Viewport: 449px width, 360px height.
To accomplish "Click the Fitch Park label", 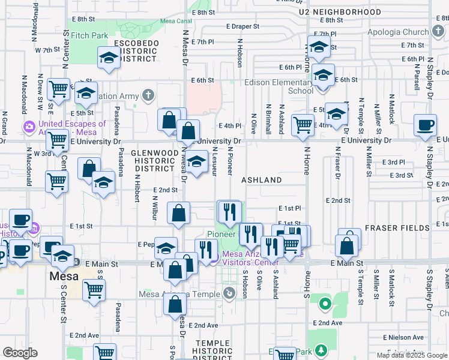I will [89, 35].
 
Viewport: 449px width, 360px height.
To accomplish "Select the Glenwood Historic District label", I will [154, 161].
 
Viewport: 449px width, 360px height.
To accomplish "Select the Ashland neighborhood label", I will [262, 180].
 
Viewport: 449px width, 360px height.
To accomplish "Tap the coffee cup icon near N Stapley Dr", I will [425, 125].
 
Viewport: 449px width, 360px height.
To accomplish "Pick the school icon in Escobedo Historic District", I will [109, 57].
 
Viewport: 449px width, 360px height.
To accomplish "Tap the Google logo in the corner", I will [20, 353].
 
